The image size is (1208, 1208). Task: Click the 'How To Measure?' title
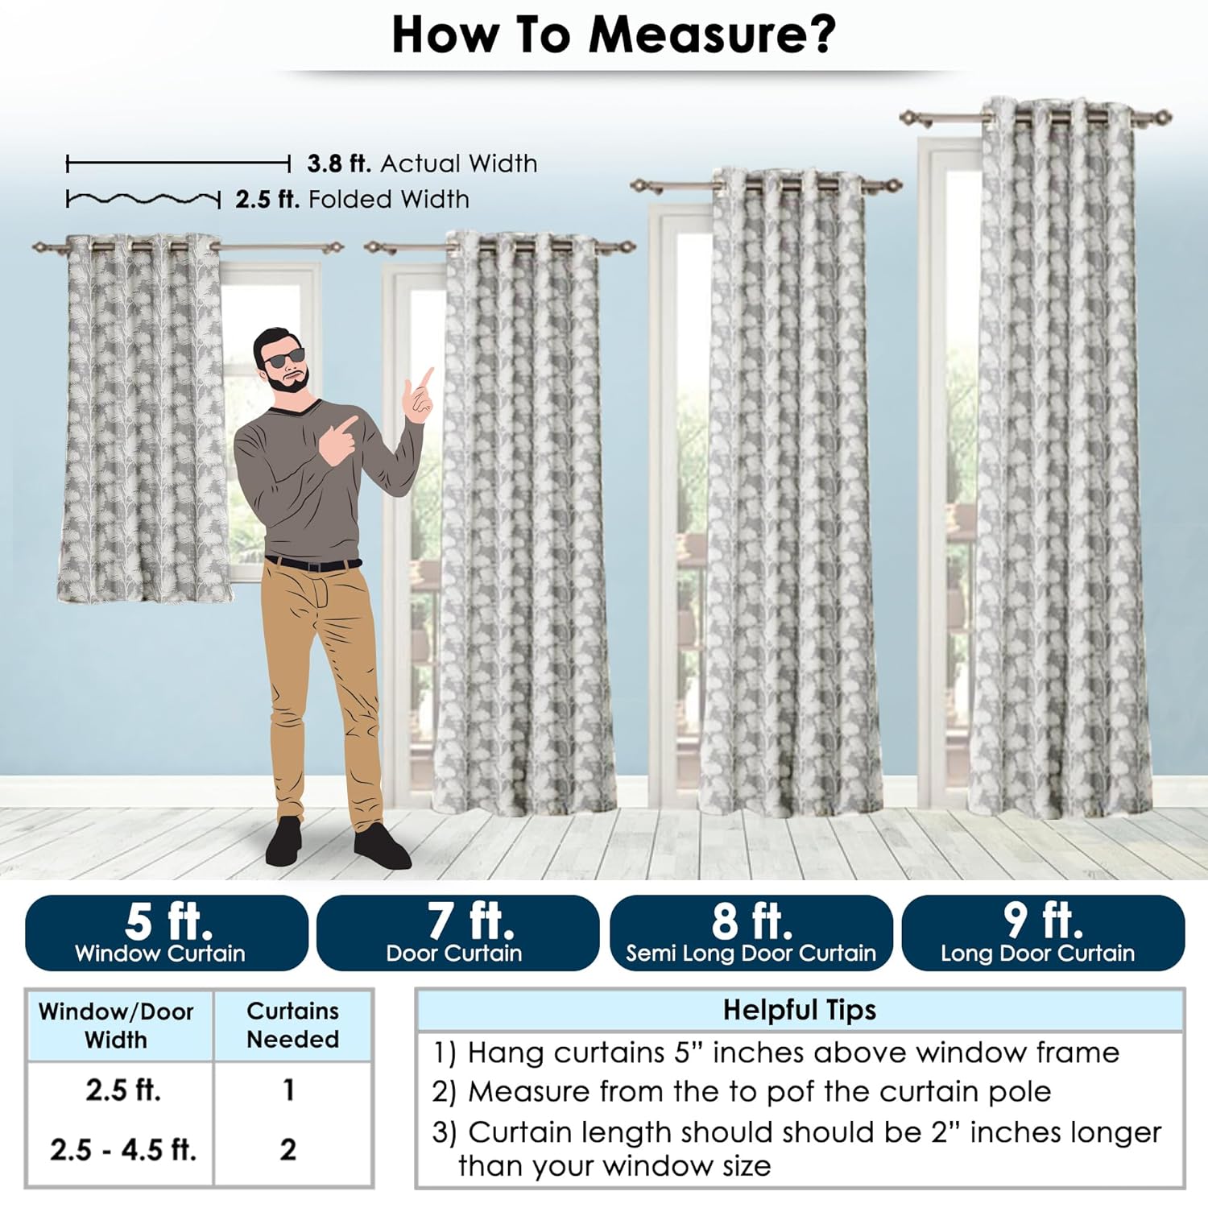point(614,35)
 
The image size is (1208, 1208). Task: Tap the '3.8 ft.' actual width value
point(339,163)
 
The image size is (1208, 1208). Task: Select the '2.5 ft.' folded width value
point(267,199)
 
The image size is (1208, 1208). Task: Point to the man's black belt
point(313,564)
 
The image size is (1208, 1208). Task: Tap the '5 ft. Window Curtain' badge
point(167,933)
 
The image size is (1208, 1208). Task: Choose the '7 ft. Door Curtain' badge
point(457,933)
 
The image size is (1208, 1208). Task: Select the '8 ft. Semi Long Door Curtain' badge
point(751,933)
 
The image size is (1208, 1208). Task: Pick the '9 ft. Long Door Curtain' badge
point(1043,933)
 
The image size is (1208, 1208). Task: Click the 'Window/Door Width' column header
point(117,1025)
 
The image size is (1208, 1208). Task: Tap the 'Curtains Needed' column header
point(292,1025)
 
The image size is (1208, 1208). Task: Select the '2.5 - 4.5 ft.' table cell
point(123,1149)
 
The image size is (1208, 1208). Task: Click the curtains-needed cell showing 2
point(288,1149)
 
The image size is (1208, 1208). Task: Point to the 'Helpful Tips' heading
point(799,1010)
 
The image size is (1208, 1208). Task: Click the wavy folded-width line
point(143,199)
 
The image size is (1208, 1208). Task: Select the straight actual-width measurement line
point(178,164)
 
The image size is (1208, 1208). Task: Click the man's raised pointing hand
point(420,395)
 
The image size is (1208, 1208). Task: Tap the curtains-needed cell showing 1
point(288,1090)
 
